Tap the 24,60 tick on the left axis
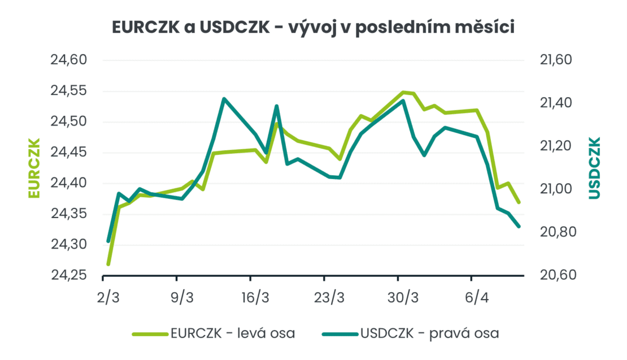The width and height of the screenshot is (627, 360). tap(67, 60)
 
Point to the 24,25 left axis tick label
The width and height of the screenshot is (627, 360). tap(67, 275)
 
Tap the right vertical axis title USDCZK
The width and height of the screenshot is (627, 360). tap(594, 167)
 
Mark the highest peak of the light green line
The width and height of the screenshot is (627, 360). tap(403, 92)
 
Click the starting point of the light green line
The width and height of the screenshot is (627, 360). tap(108, 264)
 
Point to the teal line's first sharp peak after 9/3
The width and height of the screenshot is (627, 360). tap(224, 99)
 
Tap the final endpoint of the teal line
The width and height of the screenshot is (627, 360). tap(519, 227)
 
